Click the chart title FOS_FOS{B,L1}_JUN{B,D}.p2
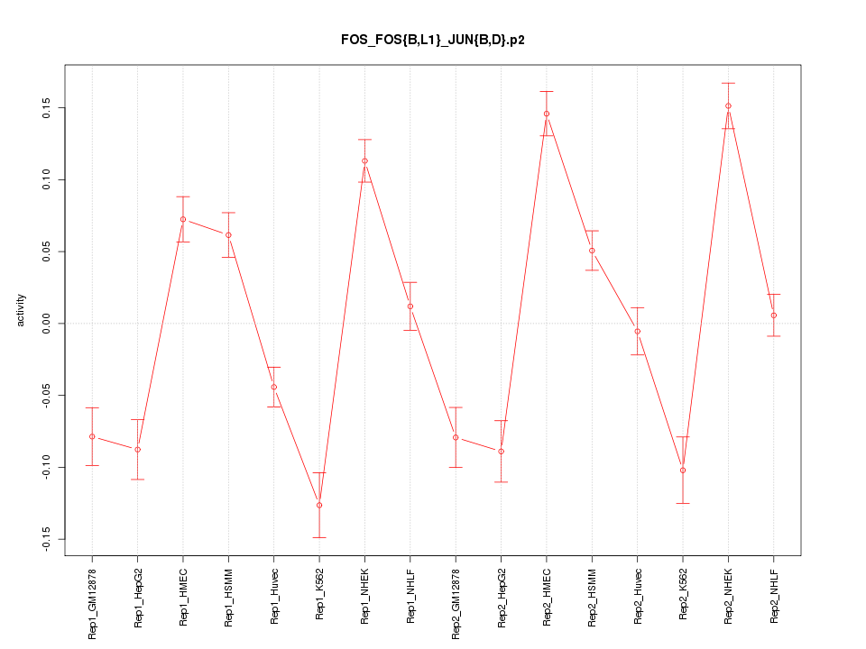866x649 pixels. [432, 40]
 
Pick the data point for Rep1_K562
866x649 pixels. [319, 505]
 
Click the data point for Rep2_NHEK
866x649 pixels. [728, 105]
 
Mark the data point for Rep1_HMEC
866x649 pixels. [183, 219]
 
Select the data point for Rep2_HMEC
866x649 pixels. [547, 114]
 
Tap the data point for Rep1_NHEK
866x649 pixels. [364, 160]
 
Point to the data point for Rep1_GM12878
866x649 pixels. [92, 436]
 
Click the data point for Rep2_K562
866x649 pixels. [683, 470]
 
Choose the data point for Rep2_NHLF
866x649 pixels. [774, 315]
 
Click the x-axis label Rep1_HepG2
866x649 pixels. [138, 597]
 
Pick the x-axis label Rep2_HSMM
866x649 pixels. [592, 597]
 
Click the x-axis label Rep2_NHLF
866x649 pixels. [774, 596]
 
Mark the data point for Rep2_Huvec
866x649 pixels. [637, 331]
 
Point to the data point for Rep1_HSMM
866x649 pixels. [228, 235]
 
